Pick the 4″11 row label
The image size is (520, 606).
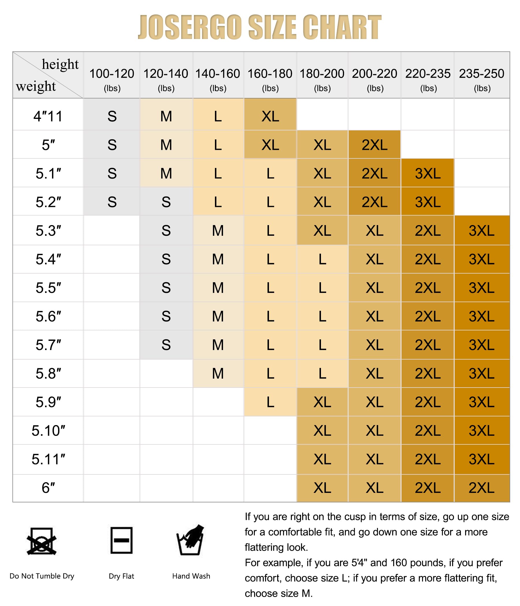48,116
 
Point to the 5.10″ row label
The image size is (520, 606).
48,431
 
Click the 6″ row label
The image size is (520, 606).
48,488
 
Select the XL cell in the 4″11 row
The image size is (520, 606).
270,116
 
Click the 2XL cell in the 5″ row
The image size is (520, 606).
374,145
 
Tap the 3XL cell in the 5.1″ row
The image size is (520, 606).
428,173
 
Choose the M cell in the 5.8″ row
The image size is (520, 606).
218,373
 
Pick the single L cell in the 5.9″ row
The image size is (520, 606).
270,402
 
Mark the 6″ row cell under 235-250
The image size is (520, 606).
481,488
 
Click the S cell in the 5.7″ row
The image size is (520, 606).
166,345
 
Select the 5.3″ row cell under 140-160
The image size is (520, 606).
218,231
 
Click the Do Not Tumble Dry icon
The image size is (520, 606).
41,541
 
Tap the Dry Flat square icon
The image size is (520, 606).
121,540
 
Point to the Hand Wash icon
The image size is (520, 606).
190,540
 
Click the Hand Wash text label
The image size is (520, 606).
191,576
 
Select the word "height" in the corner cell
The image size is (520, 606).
60,64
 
